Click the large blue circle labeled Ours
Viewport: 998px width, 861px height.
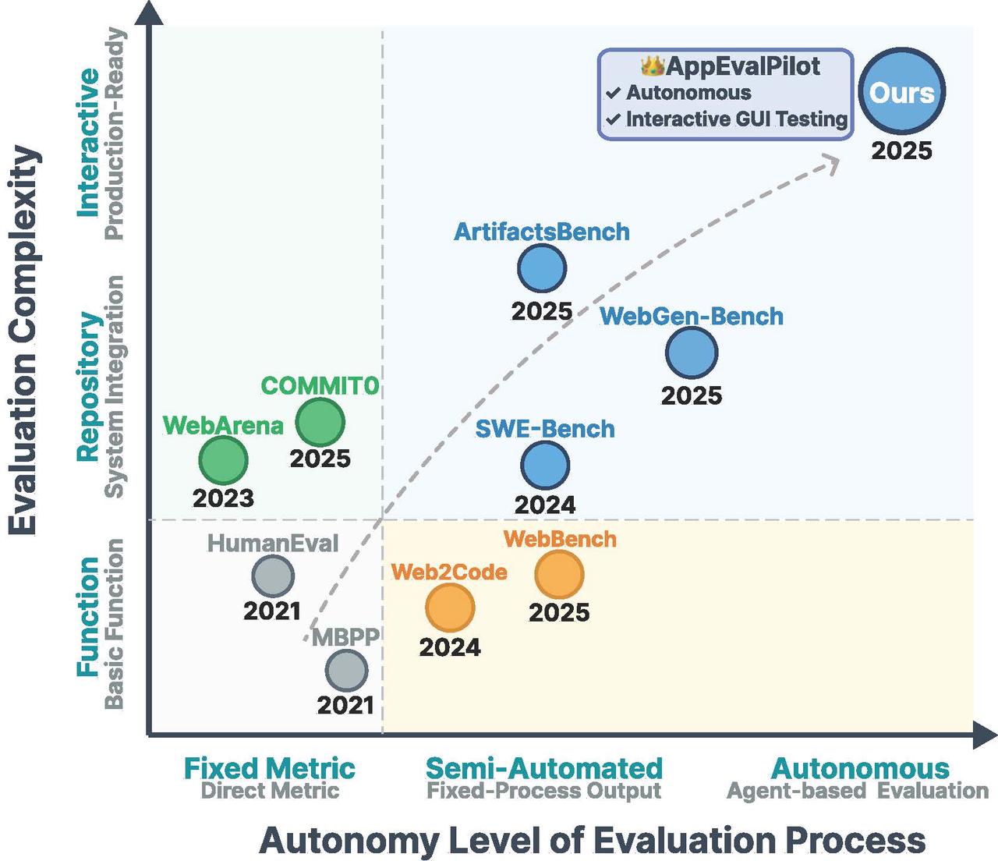pos(901,91)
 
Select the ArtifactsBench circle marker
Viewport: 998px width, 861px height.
pos(542,268)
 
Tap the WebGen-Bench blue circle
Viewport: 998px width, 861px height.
pos(692,353)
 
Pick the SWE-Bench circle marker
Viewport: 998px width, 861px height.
pos(545,465)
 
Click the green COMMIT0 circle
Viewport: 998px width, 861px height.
pos(320,422)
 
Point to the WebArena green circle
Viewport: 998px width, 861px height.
pos(223,460)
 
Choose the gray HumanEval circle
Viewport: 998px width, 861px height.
pos(273,576)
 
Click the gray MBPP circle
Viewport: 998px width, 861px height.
pos(346,671)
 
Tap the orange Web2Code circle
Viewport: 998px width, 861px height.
pos(450,608)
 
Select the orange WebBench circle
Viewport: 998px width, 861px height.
pos(559,574)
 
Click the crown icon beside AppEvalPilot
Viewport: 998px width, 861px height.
pos(653,66)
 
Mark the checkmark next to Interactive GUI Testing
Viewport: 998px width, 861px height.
pos(613,119)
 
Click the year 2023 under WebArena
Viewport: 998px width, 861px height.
pos(223,498)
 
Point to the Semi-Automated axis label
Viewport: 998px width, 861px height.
pos(544,768)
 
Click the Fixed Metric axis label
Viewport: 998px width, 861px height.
pos(270,768)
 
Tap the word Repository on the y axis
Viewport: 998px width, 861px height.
pos(88,386)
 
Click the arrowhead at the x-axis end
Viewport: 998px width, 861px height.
pos(985,735)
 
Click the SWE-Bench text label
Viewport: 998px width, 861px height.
pos(545,429)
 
